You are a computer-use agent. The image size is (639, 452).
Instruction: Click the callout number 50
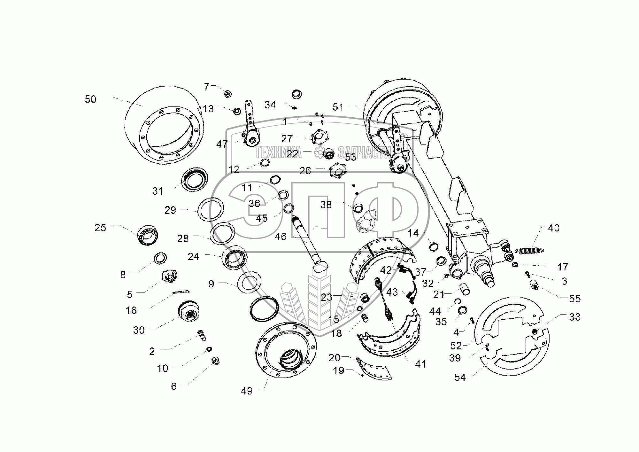click(90, 99)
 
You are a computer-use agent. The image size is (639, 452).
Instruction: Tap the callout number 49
click(247, 391)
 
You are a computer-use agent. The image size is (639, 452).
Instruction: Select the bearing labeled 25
click(149, 235)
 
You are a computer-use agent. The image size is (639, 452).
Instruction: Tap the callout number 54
click(460, 378)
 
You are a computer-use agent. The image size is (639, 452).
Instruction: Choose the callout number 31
click(158, 191)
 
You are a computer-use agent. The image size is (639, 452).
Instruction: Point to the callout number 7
click(207, 87)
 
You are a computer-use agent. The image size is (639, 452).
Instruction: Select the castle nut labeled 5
click(170, 276)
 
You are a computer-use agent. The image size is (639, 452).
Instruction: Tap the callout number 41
click(420, 364)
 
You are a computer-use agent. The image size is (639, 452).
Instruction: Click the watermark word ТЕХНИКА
click(278, 153)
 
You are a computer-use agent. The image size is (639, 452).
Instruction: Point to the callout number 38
click(326, 205)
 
